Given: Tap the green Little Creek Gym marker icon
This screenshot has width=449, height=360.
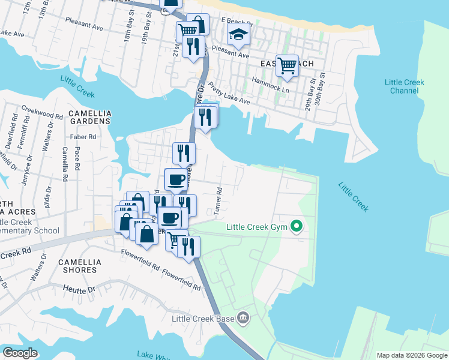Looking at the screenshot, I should [296, 227].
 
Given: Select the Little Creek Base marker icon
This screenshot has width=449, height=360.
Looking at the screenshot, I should [243, 318].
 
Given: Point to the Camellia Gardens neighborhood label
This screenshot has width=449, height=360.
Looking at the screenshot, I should [89, 116].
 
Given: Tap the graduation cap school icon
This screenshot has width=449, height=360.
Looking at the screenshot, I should [238, 35].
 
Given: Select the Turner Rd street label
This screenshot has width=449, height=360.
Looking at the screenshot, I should [219, 201].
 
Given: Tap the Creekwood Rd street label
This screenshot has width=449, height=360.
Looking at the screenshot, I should [42, 112].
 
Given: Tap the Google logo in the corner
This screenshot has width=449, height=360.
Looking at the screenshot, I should [20, 352].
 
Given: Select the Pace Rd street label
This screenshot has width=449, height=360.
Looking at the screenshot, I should [77, 163].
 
